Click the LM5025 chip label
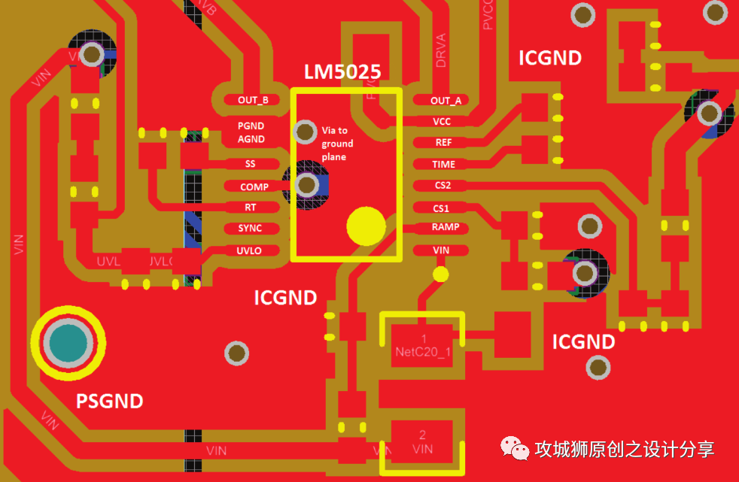342,72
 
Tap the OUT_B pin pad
253,99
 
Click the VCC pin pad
442,121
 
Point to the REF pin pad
442,142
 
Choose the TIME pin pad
442,164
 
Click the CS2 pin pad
442,185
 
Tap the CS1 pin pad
441,208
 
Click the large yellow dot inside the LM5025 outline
366,225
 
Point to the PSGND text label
110,401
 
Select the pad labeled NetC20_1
423,345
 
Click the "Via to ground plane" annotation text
336,143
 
